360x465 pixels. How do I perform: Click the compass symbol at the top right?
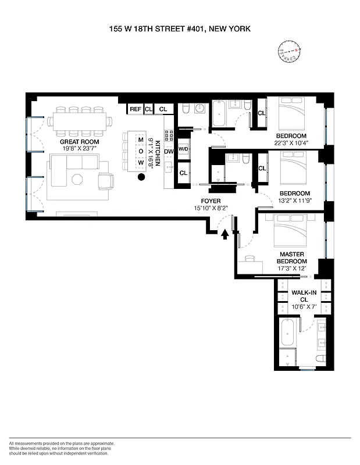(289, 51)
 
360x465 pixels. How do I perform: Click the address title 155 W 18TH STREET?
(179, 27)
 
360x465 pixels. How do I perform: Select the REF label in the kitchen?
(135, 109)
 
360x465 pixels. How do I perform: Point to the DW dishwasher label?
(169, 152)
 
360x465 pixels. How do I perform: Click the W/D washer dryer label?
(183, 148)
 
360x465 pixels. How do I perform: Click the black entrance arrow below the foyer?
(225, 234)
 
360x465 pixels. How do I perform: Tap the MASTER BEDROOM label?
(291, 258)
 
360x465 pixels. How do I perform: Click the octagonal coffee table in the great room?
(76, 180)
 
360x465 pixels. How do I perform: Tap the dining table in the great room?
(81, 121)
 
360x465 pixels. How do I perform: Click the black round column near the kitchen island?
(141, 178)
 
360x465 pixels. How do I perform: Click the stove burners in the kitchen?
(169, 135)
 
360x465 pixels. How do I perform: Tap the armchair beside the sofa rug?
(105, 181)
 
